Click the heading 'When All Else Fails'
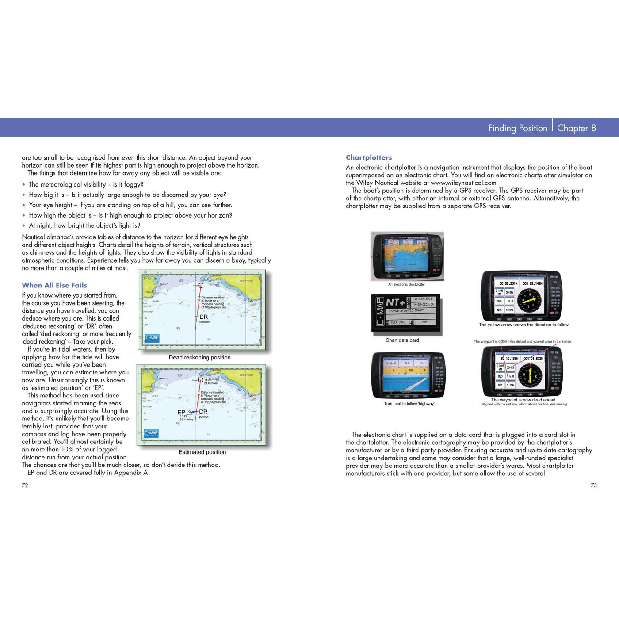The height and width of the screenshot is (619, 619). click(54, 285)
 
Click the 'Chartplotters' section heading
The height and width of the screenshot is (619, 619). click(369, 157)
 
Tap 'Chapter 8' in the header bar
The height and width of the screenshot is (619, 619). click(576, 128)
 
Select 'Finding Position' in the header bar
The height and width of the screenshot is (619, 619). click(517, 128)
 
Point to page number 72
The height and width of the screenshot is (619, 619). click(25, 485)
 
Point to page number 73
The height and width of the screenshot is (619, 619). click(593, 485)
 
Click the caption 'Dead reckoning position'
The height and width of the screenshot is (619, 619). click(199, 357)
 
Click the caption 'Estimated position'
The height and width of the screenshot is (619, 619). click(202, 452)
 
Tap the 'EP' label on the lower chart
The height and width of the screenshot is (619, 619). click(181, 412)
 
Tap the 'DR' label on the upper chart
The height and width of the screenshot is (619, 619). click(203, 317)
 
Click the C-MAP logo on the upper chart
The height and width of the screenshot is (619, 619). click(152, 339)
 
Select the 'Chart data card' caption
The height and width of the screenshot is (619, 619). click(402, 340)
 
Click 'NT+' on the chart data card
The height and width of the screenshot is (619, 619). click(395, 303)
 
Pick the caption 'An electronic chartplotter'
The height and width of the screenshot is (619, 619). click(406, 284)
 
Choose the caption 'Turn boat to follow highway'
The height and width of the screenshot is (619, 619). click(409, 403)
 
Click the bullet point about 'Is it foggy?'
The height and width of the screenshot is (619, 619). click(86, 184)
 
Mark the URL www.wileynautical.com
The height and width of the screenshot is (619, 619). click(463, 183)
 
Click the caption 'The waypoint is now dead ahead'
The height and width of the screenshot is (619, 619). click(523, 400)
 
